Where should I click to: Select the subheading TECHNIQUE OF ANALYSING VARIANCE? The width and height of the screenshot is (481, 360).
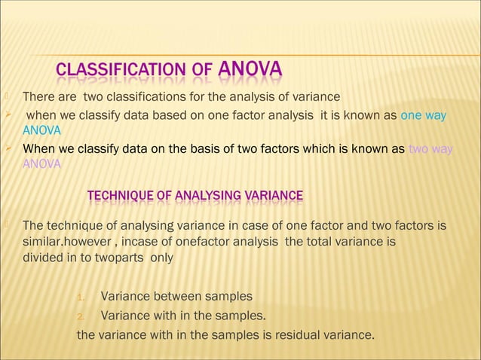pyautogui.click(x=195, y=197)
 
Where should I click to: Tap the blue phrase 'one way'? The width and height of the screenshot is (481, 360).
pyautogui.click(x=423, y=116)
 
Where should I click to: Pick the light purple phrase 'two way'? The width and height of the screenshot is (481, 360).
pyautogui.click(x=430, y=149)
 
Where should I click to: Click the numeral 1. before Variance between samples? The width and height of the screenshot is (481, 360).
pyautogui.click(x=84, y=296)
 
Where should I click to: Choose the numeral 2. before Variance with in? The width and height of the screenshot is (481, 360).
pyautogui.click(x=84, y=316)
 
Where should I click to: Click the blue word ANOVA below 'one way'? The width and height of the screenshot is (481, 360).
pyautogui.click(x=41, y=131)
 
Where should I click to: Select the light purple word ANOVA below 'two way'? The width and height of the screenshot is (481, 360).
pyautogui.click(x=42, y=164)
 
